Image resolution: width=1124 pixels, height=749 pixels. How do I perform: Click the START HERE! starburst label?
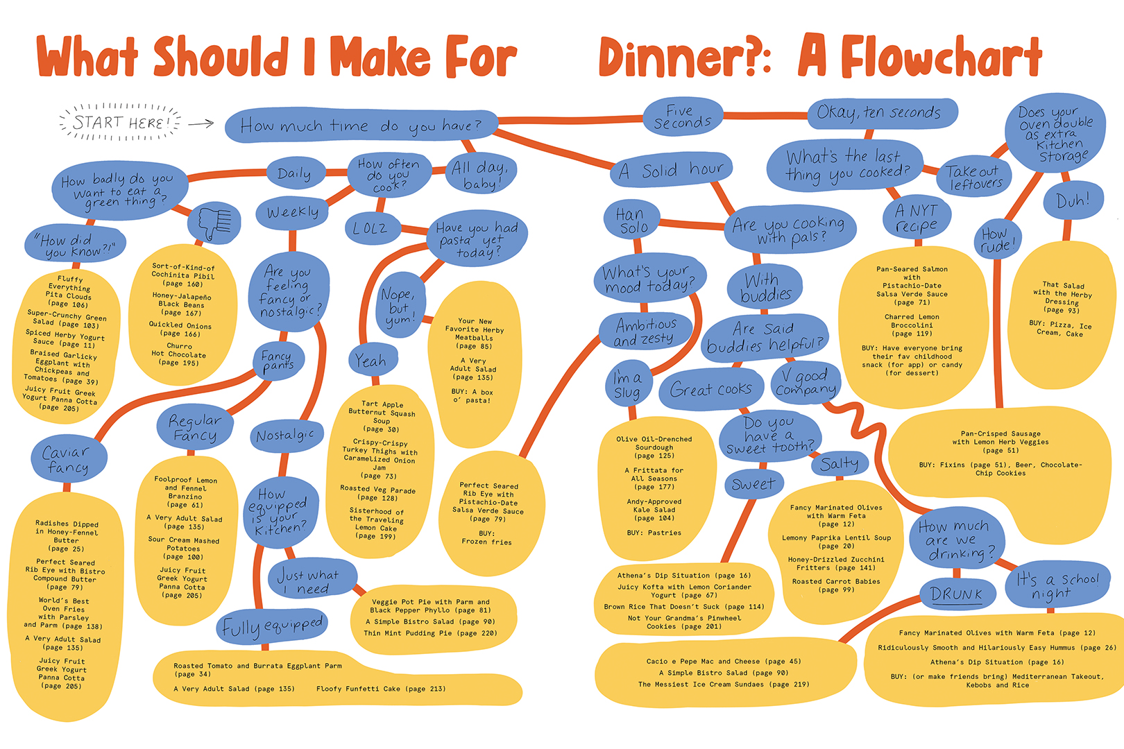pyautogui.click(x=119, y=123)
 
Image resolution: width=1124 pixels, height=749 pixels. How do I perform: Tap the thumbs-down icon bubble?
pyautogui.click(x=214, y=223)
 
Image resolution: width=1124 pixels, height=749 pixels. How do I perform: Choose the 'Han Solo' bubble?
pyautogui.click(x=632, y=220)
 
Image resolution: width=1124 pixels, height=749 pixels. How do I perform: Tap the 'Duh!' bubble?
pyautogui.click(x=1072, y=201)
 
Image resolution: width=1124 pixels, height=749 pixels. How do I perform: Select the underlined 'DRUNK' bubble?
pyautogui.click(x=956, y=594)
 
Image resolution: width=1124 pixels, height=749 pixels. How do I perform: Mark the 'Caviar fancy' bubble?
pyautogui.click(x=68, y=459)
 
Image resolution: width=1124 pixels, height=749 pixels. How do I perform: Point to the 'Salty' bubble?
pyautogui.click(x=840, y=463)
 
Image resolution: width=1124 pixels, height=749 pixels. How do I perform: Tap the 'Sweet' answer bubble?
pyautogui.click(x=753, y=484)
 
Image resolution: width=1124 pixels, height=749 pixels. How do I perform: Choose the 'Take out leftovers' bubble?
pyautogui.click(x=974, y=177)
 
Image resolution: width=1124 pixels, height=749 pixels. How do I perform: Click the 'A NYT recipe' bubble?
pyautogui.click(x=916, y=218)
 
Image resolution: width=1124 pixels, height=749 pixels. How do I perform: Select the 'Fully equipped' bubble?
pyautogui.click(x=272, y=626)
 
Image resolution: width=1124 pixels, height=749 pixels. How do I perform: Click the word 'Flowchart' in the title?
pyautogui.click(x=941, y=57)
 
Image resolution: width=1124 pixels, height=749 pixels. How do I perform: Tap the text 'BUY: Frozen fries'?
pyautogui.click(x=486, y=537)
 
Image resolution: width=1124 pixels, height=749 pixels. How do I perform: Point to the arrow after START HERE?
pyautogui.click(x=201, y=124)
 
